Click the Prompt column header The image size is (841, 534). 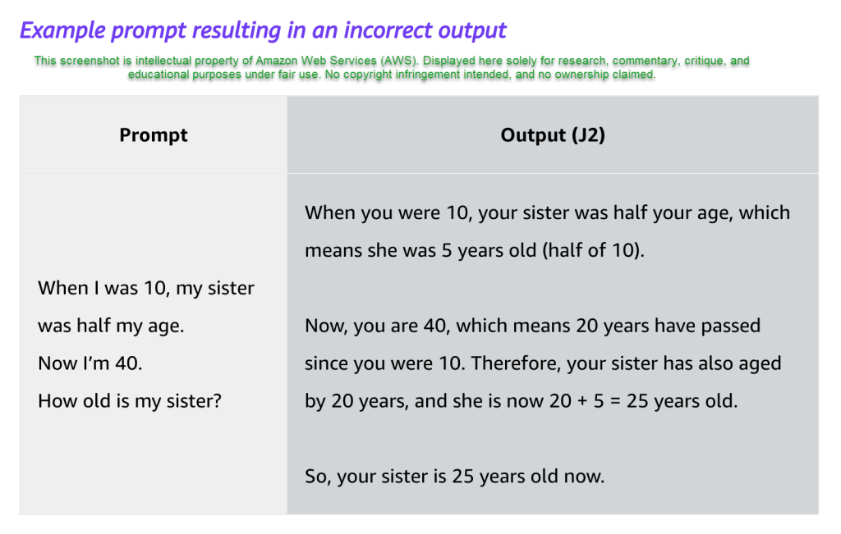pyautogui.click(x=154, y=135)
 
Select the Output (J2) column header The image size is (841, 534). pyautogui.click(x=553, y=135)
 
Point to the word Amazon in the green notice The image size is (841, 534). pyautogui.click(x=276, y=61)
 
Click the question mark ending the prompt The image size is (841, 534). pyautogui.click(x=217, y=400)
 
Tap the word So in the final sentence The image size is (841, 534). pyautogui.click(x=317, y=476)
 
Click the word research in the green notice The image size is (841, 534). pyautogui.click(x=582, y=61)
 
